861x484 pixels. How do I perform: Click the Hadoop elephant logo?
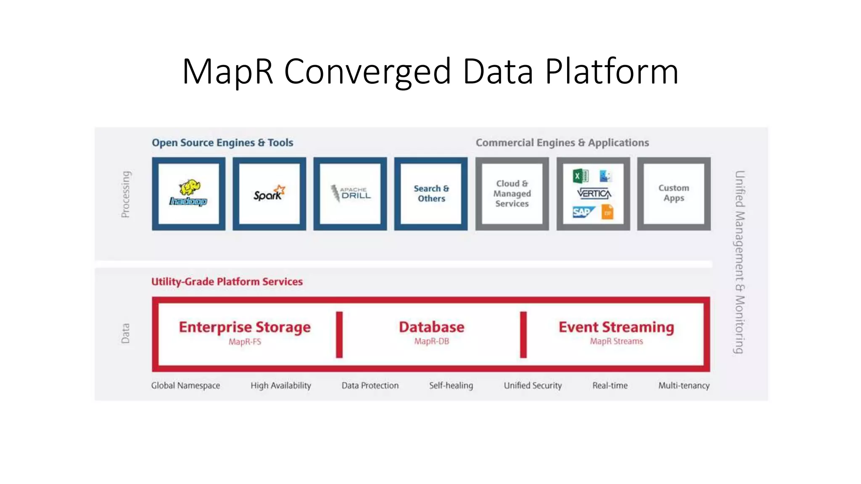coord(188,193)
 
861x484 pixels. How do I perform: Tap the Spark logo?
coord(269,194)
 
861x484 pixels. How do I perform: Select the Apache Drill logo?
coord(350,194)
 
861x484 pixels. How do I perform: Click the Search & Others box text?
coord(431,194)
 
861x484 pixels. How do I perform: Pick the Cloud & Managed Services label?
coord(512,194)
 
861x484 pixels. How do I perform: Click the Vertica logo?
coord(594,194)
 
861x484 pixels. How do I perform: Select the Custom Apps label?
coord(673,193)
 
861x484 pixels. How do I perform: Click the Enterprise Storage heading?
coord(245,327)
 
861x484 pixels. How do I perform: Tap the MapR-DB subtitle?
coord(431,342)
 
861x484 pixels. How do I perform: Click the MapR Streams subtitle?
coord(616,342)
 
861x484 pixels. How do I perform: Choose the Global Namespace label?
coord(185,386)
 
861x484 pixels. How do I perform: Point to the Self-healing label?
coord(451,386)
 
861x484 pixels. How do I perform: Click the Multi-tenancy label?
coord(684,386)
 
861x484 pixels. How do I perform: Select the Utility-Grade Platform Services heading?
coord(227,281)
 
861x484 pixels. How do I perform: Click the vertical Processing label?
coord(125,194)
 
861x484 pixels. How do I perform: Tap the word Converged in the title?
coord(367,71)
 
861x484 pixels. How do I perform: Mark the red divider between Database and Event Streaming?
coord(523,334)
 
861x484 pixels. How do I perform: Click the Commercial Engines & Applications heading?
coord(562,143)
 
